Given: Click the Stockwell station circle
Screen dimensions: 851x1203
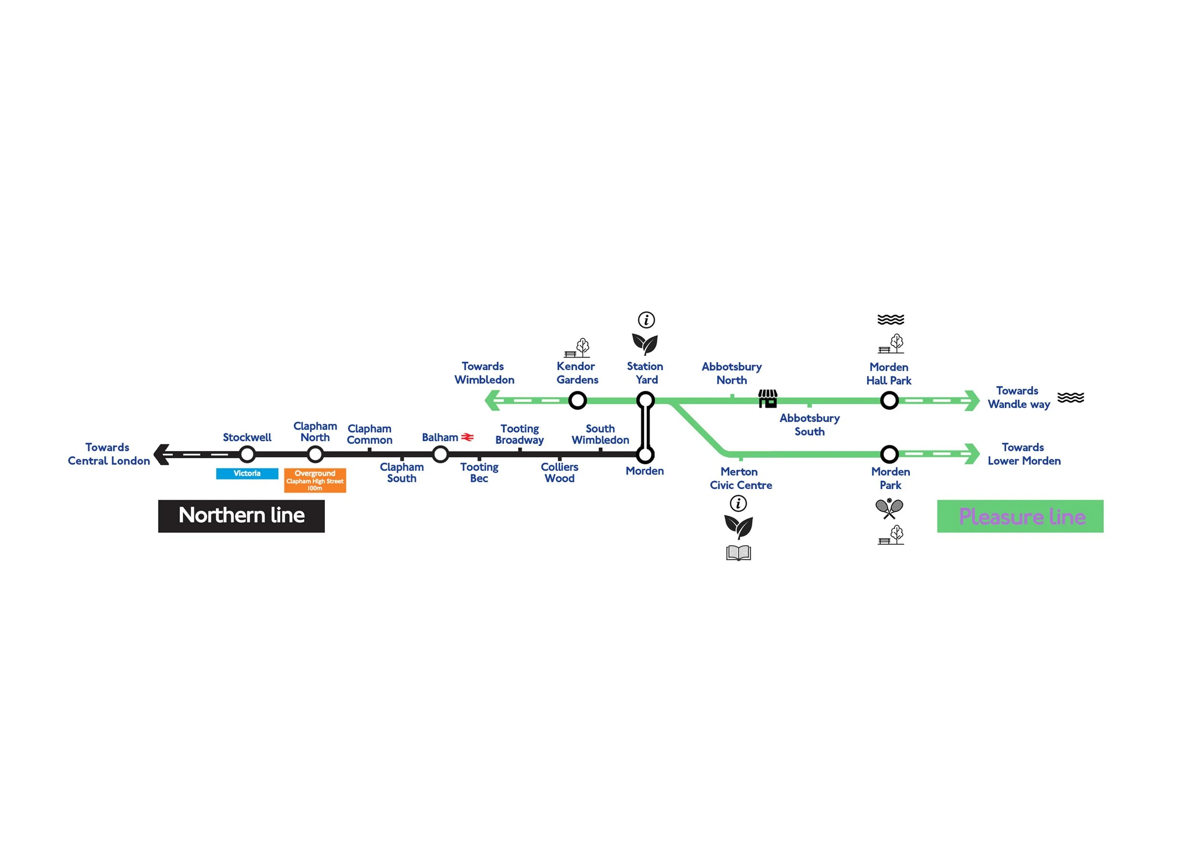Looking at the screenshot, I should click(247, 454).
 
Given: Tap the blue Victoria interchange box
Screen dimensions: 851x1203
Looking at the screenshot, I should click(247, 473).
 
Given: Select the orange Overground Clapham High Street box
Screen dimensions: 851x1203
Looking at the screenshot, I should click(315, 480).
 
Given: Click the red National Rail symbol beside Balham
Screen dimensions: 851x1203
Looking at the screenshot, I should click(467, 437).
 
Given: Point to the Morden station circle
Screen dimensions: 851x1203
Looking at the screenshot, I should click(645, 454).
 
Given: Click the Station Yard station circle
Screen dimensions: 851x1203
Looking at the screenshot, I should click(645, 400).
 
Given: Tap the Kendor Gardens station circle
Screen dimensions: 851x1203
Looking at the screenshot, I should click(577, 400).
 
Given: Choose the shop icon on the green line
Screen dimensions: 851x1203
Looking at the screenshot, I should click(768, 398).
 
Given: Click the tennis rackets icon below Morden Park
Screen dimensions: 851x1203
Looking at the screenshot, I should click(889, 508).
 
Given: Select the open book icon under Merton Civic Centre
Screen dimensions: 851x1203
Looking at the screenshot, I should click(738, 553).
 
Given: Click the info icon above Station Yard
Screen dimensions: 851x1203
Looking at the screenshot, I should click(646, 320).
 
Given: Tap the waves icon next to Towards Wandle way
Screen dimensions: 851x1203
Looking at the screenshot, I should click(1071, 397).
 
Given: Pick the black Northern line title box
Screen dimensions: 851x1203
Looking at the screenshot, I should click(241, 516).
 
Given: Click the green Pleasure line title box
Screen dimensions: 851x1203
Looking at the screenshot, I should click(1020, 516).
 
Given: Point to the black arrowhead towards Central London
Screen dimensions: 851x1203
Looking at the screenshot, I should click(161, 454).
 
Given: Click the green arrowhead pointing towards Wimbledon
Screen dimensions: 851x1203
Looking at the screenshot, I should click(492, 400).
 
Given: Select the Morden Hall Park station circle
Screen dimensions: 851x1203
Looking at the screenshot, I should click(889, 400).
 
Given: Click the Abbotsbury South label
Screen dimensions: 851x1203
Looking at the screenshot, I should click(809, 425).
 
